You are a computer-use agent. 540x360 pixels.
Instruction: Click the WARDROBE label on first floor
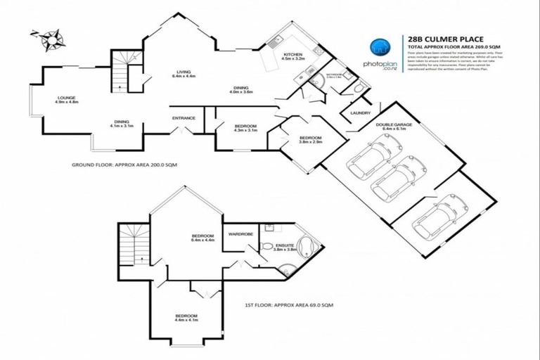[x=236, y=233]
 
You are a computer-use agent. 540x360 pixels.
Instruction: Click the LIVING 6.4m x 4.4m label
[x=184, y=75]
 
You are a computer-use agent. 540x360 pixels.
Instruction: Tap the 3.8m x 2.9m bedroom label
[x=310, y=140]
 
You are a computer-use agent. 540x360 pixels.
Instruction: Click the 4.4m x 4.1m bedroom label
[x=186, y=319]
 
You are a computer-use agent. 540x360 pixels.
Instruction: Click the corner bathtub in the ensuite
[x=307, y=248]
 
